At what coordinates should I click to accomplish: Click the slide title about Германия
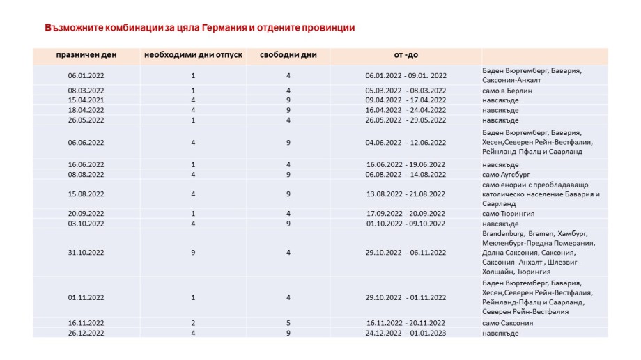tap(199, 28)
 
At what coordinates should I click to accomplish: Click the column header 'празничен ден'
tap(86, 55)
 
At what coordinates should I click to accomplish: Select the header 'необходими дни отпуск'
tap(193, 55)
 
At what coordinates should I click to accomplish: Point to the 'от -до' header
tap(406, 55)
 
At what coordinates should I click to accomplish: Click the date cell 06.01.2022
tap(86, 75)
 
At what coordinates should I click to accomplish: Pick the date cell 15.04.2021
tap(86, 100)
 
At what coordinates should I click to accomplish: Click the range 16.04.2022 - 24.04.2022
tap(406, 110)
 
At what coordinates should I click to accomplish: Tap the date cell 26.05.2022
tap(86, 120)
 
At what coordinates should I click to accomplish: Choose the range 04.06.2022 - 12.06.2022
tap(406, 143)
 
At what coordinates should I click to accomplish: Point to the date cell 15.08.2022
tap(86, 194)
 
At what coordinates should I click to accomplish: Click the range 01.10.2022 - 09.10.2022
tap(406, 224)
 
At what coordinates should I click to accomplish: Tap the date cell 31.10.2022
tap(86, 253)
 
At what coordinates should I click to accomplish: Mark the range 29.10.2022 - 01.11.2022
tap(406, 297)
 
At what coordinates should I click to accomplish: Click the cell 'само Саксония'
tap(507, 323)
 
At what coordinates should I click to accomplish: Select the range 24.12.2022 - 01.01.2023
tap(406, 333)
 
